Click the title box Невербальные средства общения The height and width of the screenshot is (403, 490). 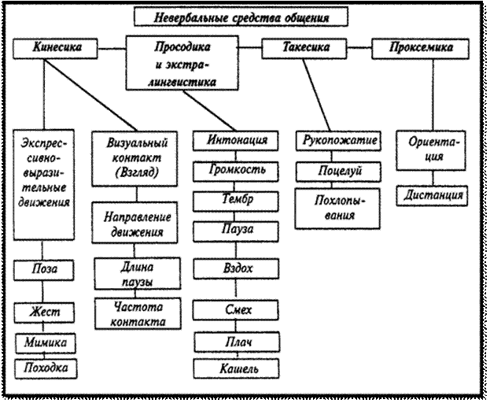pyautogui.click(x=240, y=16)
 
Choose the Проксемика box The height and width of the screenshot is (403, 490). pyautogui.click(x=422, y=49)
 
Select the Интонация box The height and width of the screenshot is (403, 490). pyautogui.click(x=237, y=141)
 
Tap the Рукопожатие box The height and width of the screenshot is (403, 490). pyautogui.click(x=341, y=142)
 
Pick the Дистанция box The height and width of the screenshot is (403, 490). pyautogui.click(x=429, y=194)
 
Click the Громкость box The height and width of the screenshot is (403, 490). pyautogui.click(x=237, y=170)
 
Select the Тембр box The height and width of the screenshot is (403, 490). pyautogui.click(x=237, y=200)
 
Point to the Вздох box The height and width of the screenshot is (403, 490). pyautogui.click(x=237, y=268)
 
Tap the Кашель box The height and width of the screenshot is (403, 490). pyautogui.click(x=237, y=368)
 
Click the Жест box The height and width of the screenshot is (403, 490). pyautogui.click(x=46, y=312)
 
